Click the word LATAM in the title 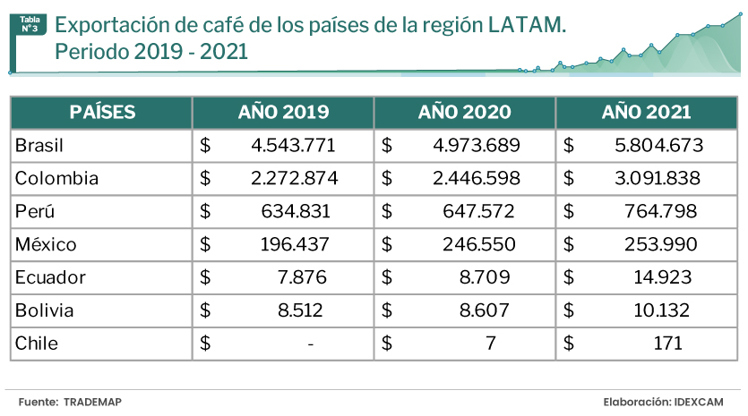[x=527, y=26]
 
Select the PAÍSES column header [x=102, y=113]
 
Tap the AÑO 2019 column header [x=283, y=113]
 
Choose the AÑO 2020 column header [x=464, y=113]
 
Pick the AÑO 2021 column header [x=646, y=113]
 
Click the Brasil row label [x=39, y=145]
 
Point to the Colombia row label [x=56, y=178]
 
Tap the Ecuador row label [x=50, y=277]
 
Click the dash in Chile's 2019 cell [x=310, y=344]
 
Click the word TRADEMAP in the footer [x=92, y=403]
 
